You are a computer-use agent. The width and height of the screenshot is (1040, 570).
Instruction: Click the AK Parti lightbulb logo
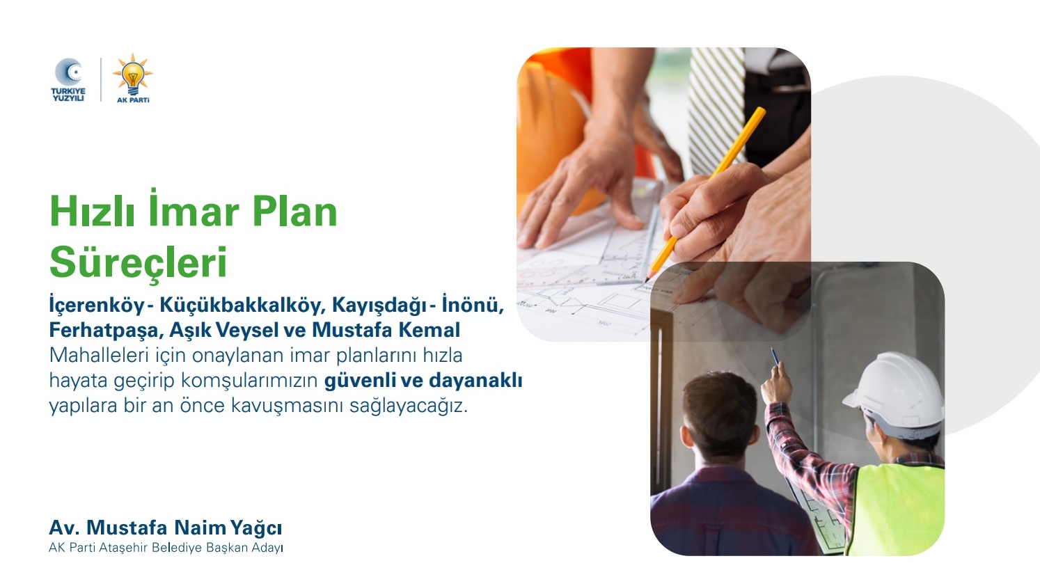point(133,79)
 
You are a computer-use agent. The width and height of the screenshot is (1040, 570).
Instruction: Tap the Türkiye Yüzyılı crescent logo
point(68,79)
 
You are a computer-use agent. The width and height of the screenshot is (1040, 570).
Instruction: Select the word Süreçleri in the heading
point(139,262)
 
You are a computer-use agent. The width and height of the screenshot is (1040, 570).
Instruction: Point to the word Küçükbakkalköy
point(240,305)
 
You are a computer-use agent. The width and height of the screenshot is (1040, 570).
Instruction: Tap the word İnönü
point(473,304)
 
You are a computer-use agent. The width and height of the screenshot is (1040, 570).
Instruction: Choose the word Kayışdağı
point(379,306)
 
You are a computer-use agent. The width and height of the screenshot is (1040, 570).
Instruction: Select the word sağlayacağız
point(409,406)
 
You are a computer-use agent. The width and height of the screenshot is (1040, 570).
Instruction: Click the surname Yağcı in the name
point(256,528)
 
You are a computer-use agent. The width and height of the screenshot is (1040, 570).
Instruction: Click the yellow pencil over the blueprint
point(705,194)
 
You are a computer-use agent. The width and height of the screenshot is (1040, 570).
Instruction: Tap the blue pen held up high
point(775,357)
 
